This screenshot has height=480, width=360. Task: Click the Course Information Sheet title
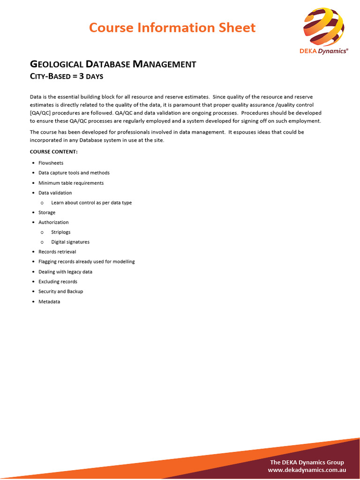coord(172,28)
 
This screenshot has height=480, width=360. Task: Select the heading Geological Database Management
coord(113,64)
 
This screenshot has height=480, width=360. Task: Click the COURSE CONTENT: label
coord(54,152)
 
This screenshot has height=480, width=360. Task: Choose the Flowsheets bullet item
coord(51,163)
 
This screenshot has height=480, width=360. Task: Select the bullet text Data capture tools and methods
coord(74,173)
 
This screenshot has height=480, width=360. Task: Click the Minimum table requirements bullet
coord(71,183)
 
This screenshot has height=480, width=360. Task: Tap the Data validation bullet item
coord(55,193)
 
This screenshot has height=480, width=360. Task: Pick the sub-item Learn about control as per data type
coord(91,202)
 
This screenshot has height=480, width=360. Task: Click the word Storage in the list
coord(47,212)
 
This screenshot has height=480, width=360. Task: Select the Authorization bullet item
coord(53,222)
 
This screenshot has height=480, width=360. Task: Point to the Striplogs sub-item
coord(61,232)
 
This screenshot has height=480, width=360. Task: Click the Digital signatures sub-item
coord(70,242)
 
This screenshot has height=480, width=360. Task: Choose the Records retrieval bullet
coord(57,252)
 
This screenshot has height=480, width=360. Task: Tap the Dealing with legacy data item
coord(65,272)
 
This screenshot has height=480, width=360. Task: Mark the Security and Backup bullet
coord(60,292)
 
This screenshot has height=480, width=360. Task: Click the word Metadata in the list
coord(49,301)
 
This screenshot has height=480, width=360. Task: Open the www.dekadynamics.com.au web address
coord(307,470)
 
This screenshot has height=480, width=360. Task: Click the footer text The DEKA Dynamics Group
coord(307,462)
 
